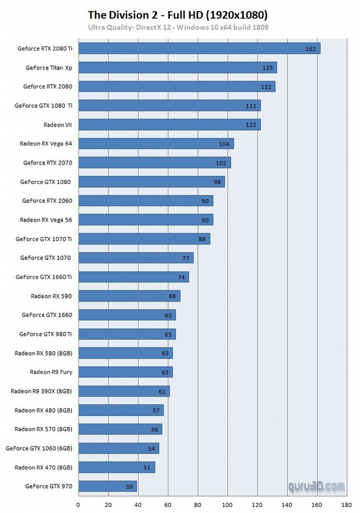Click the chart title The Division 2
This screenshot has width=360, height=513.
pos(177,14)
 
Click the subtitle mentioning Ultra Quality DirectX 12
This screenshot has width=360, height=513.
pos(178,27)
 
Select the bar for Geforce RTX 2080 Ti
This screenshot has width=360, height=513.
pos(199,48)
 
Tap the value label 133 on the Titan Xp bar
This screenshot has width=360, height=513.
pos(267,67)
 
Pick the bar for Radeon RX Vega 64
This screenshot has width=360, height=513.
pos(156,143)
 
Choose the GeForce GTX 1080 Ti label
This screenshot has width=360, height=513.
pos(43,105)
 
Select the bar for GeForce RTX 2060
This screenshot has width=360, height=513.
pos(145,200)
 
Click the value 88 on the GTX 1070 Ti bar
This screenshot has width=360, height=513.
pos(202,239)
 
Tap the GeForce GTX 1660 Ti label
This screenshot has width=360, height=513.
pos(43,276)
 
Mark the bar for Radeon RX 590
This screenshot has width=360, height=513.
pos(129,296)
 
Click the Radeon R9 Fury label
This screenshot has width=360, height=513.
pos(51,371)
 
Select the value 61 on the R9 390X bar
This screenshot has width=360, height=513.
pos(161,391)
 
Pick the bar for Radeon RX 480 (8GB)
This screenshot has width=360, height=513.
pos(121,410)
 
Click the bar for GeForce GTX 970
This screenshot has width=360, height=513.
pos(107,486)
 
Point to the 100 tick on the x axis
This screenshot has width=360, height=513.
pos(227,505)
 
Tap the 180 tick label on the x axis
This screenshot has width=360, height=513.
pos(347,505)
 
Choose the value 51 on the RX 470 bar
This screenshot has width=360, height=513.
pos(146,467)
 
